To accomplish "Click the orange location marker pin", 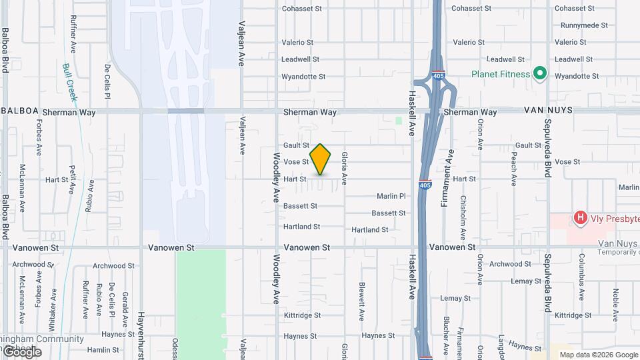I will coord(320,159).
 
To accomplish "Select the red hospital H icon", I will coord(580,217).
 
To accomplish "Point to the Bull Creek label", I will coord(70,82).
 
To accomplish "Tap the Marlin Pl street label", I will coord(391,196).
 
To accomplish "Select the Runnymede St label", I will coord(584,25).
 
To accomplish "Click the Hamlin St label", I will coord(102,349).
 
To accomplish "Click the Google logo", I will coord(21,351).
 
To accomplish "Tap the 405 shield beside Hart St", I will coord(424,185).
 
